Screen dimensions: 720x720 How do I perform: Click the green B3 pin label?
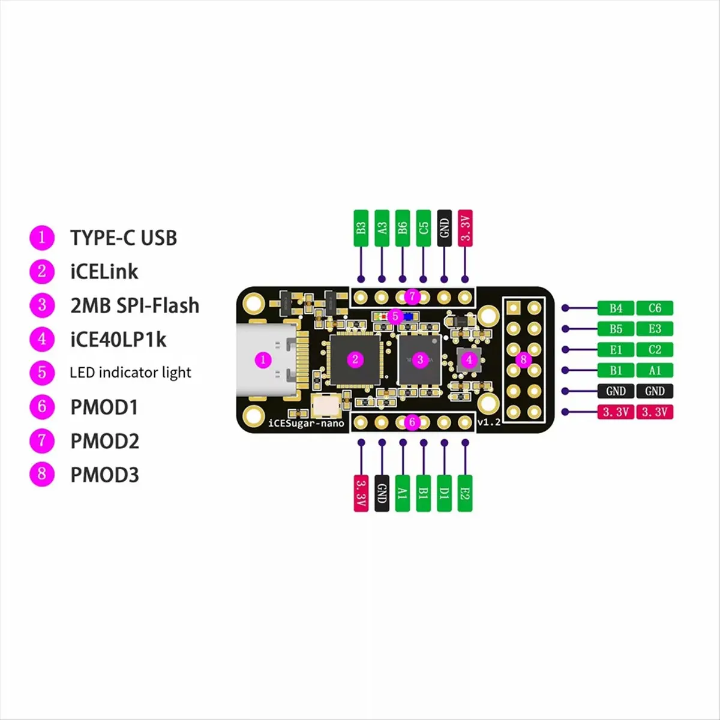tap(361, 228)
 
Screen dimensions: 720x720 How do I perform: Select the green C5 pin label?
tap(424, 228)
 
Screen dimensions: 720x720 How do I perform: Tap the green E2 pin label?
tap(465, 493)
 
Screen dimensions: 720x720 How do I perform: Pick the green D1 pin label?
tap(444, 493)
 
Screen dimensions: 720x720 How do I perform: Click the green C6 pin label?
tap(655, 308)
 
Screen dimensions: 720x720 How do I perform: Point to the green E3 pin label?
tap(655, 329)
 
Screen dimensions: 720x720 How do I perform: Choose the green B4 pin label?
tap(616, 308)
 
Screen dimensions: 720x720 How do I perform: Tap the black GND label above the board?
tap(444, 228)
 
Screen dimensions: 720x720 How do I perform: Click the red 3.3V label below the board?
tap(361, 493)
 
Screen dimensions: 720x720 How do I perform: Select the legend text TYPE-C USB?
tap(124, 238)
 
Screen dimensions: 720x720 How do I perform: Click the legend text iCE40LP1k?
tap(118, 340)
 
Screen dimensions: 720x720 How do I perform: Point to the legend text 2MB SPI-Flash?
tap(135, 305)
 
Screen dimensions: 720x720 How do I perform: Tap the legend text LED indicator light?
tap(130, 373)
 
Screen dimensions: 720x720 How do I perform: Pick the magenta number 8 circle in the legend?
tap(42, 474)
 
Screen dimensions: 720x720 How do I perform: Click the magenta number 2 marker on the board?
tap(355, 359)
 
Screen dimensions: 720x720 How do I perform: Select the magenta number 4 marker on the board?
tap(469, 360)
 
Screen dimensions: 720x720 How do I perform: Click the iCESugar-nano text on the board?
tap(307, 423)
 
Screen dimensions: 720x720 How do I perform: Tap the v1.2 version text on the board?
tap(489, 422)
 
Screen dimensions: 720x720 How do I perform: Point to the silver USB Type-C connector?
tap(267, 360)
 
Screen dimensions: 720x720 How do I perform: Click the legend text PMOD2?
tap(104, 441)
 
